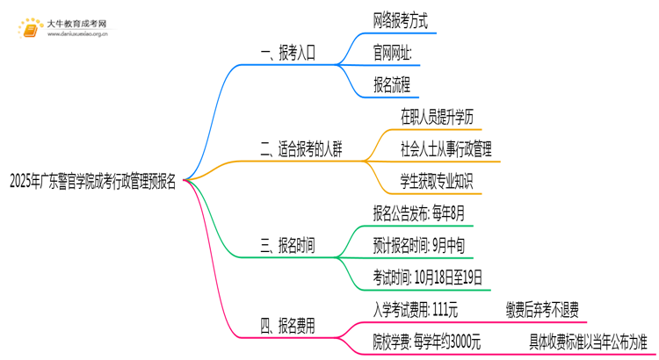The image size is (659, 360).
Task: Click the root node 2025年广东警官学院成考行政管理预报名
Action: [x=92, y=182]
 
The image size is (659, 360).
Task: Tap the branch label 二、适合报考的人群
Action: [x=301, y=150]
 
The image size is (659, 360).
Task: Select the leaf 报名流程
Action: [x=392, y=85]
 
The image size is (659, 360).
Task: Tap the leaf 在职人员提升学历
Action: [x=437, y=118]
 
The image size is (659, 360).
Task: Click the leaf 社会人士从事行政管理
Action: [x=445, y=150]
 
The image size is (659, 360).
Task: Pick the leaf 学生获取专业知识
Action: [x=437, y=183]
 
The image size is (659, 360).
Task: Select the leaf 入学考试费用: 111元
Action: [x=415, y=309]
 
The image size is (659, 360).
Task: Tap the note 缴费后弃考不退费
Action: [x=542, y=309]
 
